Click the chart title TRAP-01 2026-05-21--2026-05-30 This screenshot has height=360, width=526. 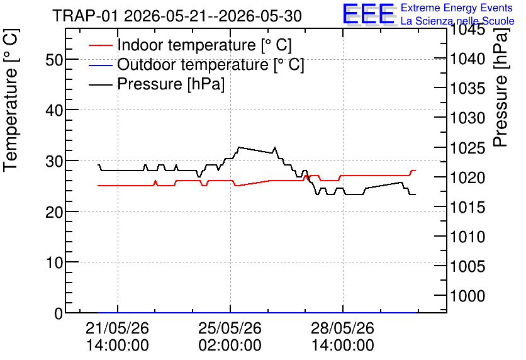point(177,16)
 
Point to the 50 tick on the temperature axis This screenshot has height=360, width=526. point(54,60)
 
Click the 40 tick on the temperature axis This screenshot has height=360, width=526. point(54,110)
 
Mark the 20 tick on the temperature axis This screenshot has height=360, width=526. point(54,212)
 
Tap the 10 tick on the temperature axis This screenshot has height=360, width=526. point(54,262)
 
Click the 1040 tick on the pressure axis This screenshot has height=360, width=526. point(467,59)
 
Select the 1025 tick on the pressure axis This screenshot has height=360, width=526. point(467,148)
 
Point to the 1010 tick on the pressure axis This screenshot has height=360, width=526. point(467,237)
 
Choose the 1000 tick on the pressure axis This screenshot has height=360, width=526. point(467,296)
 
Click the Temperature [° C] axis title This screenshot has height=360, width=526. point(11,100)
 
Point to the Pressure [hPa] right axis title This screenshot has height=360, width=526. point(501,87)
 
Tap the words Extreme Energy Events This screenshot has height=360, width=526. point(457,8)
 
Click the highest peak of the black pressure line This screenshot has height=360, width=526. point(238,147)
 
